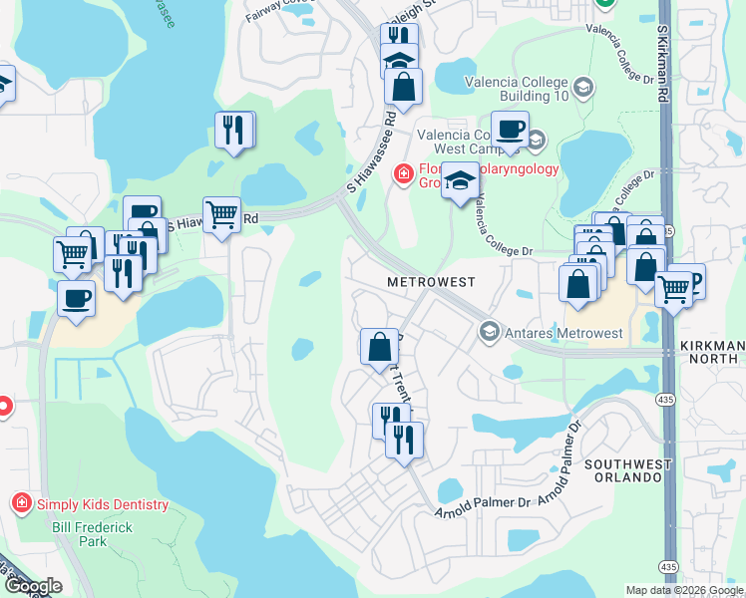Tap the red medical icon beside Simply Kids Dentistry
[x=21, y=503]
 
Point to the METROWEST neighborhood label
[x=430, y=283]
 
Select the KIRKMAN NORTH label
[x=711, y=351]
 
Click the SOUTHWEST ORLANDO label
[x=624, y=470]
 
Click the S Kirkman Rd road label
[x=661, y=60]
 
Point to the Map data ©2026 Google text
[x=684, y=590]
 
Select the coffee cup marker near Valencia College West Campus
[x=510, y=130]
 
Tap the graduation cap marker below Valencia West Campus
[x=460, y=181]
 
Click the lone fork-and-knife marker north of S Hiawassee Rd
[x=233, y=130]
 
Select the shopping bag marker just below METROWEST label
[x=379, y=348]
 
